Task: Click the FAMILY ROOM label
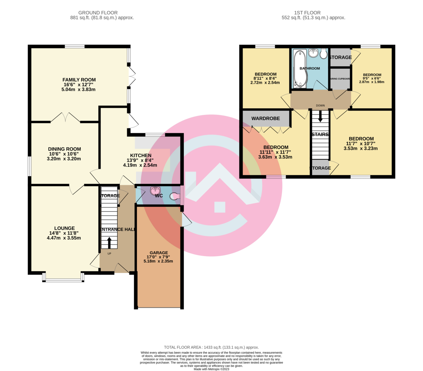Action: point(79,80)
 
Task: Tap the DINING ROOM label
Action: point(64,149)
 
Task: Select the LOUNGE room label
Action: point(64,228)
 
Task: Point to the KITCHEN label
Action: point(140,155)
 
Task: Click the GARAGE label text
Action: point(159,253)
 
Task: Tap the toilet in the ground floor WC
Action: point(174,196)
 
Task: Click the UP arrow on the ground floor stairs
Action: point(109,243)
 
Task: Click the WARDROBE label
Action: point(265,119)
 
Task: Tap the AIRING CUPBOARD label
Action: point(340,79)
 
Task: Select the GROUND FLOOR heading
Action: point(98,13)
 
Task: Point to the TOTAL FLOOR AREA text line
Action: point(211,347)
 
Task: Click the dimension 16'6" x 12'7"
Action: point(79,85)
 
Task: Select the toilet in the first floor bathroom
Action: point(324,53)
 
